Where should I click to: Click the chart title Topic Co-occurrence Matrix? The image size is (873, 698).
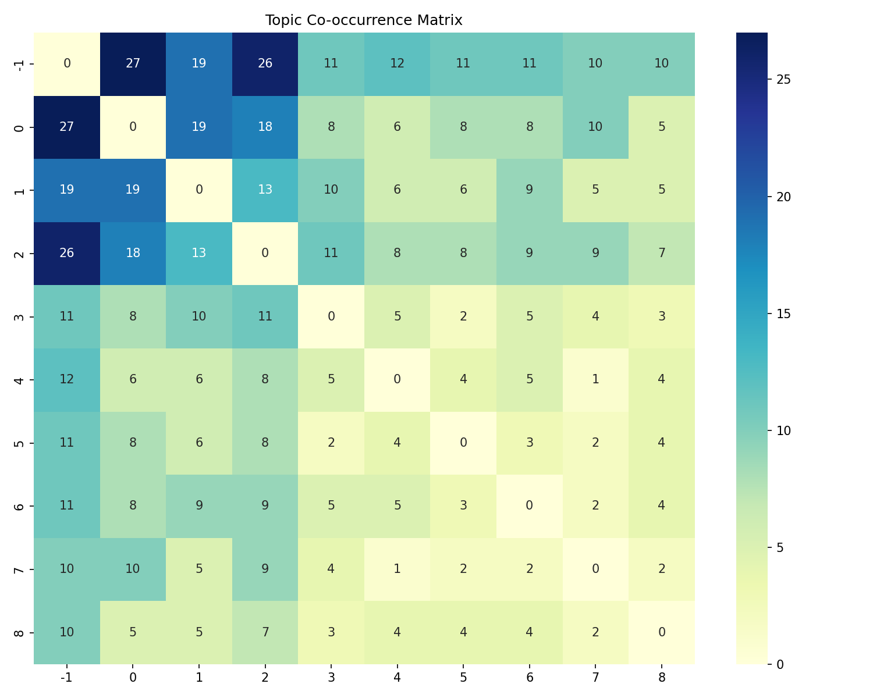click(364, 20)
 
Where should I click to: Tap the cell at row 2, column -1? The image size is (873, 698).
click(67, 253)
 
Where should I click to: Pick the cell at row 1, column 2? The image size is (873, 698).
click(265, 190)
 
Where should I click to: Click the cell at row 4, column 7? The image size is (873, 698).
click(595, 379)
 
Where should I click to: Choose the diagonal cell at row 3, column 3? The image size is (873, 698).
click(331, 316)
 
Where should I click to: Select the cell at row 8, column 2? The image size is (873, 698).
click(265, 632)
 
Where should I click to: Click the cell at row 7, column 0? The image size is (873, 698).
click(133, 569)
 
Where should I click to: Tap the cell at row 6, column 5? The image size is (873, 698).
click(463, 505)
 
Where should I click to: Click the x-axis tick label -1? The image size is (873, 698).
click(67, 677)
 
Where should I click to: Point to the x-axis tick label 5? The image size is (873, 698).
click(463, 677)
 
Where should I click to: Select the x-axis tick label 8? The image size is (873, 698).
click(662, 677)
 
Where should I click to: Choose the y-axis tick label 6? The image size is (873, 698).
click(19, 505)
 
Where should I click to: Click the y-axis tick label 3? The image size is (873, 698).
click(19, 316)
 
